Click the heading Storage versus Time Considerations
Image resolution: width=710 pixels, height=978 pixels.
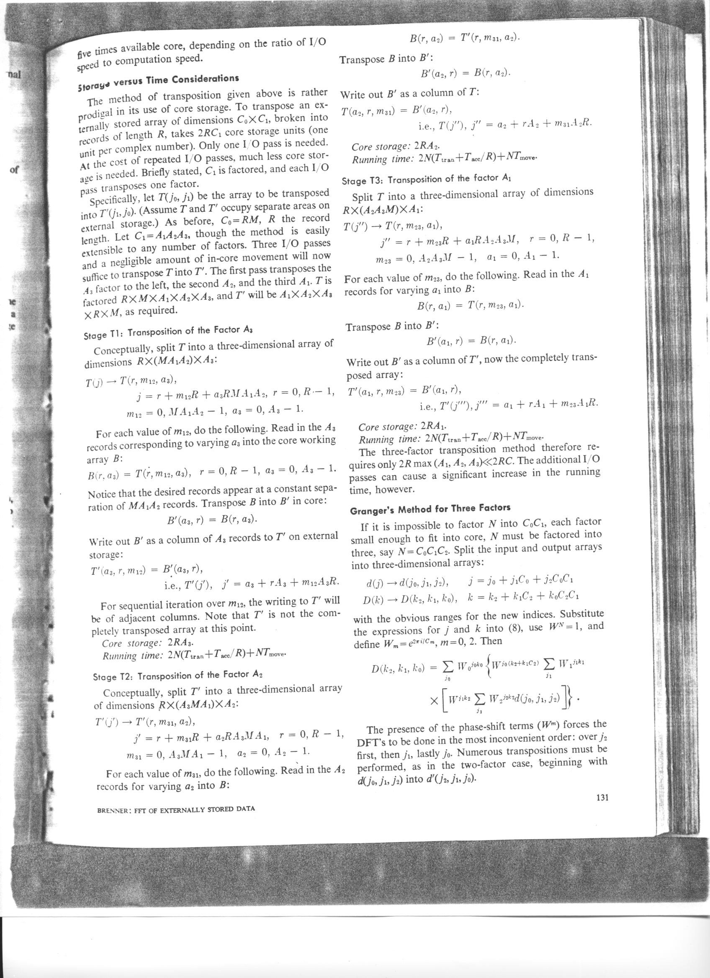[x=158, y=82]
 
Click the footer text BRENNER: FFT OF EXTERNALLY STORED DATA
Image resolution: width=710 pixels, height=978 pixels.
[x=176, y=809]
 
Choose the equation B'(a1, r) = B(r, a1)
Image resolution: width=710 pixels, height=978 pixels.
[x=472, y=342]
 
